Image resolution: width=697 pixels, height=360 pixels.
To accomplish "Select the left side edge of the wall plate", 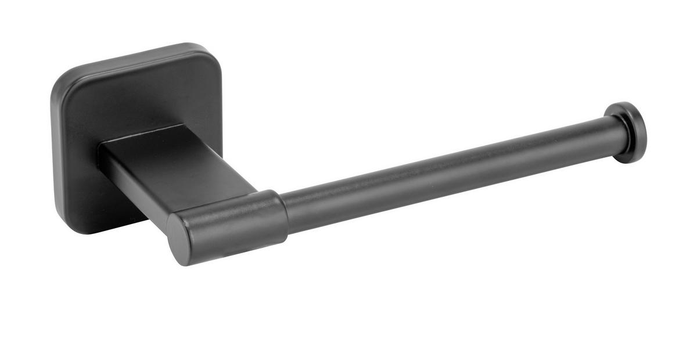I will click(x=53, y=151).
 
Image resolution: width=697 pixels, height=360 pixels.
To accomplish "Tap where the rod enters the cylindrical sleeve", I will click(x=286, y=212).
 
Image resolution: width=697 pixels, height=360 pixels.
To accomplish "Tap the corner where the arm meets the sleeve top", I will click(x=258, y=190).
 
